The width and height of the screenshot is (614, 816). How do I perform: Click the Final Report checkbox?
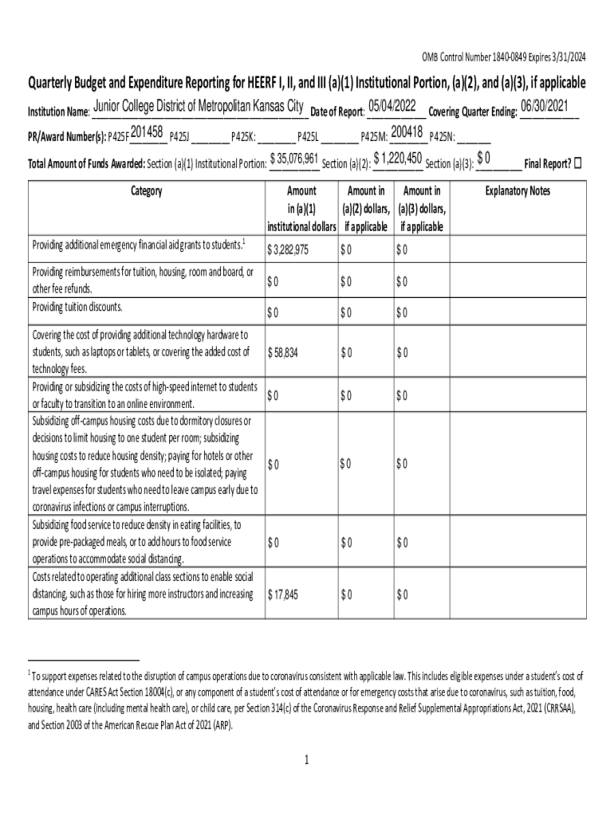pyautogui.click(x=578, y=163)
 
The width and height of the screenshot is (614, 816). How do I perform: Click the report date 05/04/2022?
pyautogui.click(x=392, y=107)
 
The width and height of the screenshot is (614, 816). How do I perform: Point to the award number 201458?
pyautogui.click(x=147, y=132)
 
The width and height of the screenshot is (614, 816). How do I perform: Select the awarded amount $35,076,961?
pyautogui.click(x=294, y=159)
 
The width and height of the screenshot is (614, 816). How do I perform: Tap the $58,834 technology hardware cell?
pyautogui.click(x=283, y=352)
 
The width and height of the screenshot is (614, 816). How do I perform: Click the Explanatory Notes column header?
pyautogui.click(x=518, y=191)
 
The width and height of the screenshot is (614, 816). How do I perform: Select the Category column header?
pyautogui.click(x=146, y=191)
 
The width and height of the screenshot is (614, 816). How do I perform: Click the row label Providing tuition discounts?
pyautogui.click(x=77, y=307)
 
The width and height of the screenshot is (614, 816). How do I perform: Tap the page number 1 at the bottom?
pyautogui.click(x=306, y=760)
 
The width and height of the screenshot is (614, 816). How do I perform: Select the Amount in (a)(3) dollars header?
pyautogui.click(x=422, y=208)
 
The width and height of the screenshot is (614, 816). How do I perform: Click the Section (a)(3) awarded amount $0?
pyautogui.click(x=483, y=158)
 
